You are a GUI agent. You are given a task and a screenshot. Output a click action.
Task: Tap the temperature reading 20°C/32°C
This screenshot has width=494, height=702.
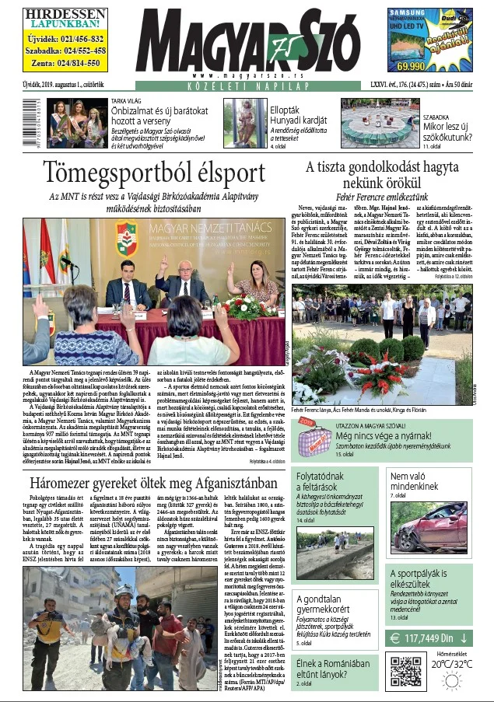pyautogui.click(x=453, y=664)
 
